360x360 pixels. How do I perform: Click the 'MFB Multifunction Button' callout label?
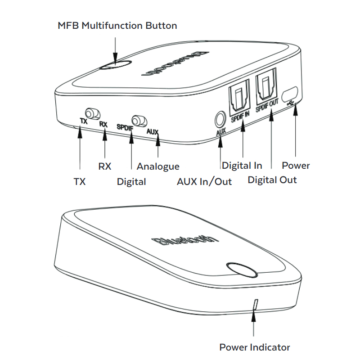tap(117, 25)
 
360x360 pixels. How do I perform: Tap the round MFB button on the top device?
tap(116, 65)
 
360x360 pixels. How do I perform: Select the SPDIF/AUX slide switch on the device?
tap(137, 121)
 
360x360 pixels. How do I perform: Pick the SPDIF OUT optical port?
tap(267, 90)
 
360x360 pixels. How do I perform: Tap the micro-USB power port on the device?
tap(288, 94)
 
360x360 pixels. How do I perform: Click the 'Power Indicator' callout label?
tap(255, 347)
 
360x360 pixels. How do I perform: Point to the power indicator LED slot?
tap(256, 305)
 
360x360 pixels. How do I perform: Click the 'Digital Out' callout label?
tap(272, 180)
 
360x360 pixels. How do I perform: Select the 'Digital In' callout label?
tap(242, 166)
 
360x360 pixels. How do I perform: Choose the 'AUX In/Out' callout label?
tap(204, 181)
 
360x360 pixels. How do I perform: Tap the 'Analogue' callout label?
tap(158, 166)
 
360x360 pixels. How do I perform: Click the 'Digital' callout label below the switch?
tap(131, 182)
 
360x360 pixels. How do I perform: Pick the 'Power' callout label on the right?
tap(296, 166)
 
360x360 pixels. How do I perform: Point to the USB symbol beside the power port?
tap(293, 104)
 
